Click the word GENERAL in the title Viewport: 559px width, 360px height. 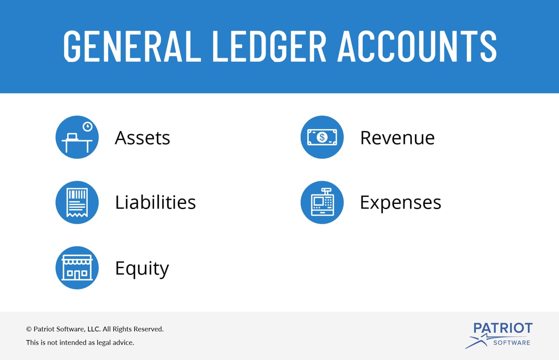pos(132,46)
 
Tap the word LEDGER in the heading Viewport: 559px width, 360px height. pos(269,46)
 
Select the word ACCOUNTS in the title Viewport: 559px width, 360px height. pos(417,46)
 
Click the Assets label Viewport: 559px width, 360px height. pos(142,138)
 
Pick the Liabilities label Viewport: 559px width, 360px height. pos(155,202)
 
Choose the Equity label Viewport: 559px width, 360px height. pos(142,269)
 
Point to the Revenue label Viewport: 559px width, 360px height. pos(397,138)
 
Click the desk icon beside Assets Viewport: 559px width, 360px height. pos(77,137)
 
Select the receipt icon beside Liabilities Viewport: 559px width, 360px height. pos(77,202)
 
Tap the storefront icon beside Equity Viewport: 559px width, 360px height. pos(77,268)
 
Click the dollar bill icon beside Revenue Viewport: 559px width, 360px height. pos(322,137)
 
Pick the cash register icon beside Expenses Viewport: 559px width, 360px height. pos(322,202)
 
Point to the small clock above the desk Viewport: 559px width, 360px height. pos(88,127)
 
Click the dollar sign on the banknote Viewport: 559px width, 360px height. pos(322,137)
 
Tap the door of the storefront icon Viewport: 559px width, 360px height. pos(77,275)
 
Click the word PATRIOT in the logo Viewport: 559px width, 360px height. pos(503,328)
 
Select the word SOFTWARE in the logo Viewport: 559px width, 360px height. pos(512,343)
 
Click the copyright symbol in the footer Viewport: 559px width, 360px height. pos(29,329)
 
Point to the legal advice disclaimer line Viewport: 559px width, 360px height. pos(80,343)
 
